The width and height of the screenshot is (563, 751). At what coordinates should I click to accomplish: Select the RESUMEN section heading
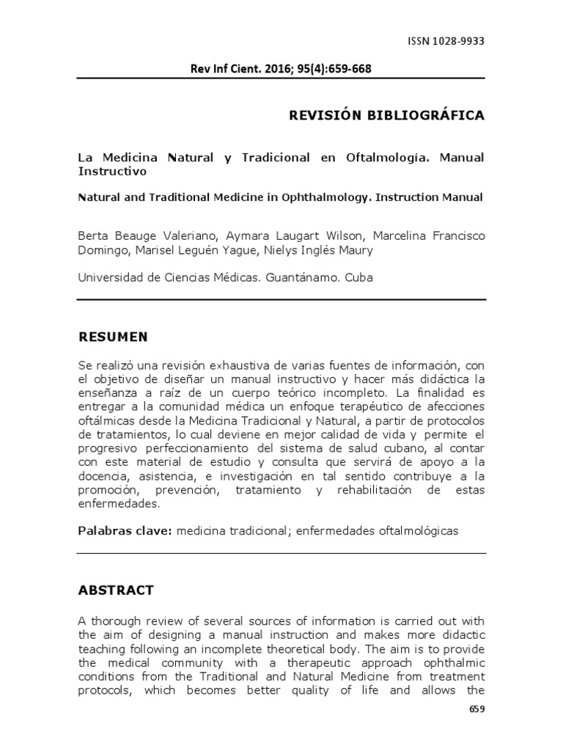[x=113, y=337]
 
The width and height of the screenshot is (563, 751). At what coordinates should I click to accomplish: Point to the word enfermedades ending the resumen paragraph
[x=117, y=504]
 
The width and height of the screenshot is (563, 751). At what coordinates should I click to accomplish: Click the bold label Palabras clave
[x=124, y=530]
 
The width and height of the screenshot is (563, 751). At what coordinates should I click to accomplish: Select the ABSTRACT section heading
[x=116, y=590]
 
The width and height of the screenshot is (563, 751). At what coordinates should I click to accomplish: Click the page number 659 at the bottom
[x=476, y=709]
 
